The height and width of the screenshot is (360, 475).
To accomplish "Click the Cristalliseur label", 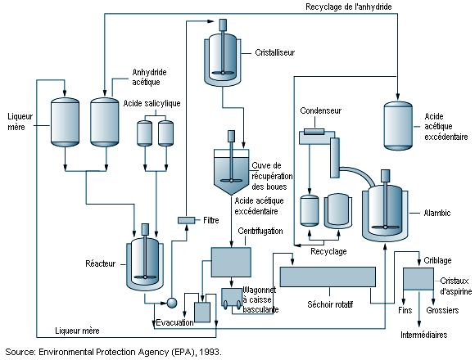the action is [274, 52].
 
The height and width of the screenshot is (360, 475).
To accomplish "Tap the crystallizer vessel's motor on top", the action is [223, 25].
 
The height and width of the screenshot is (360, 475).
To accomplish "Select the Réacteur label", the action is [100, 263].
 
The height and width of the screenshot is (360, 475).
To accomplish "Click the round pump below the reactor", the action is [172, 303].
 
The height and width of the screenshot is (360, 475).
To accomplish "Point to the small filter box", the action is [186, 220].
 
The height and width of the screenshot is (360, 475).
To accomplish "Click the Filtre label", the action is [211, 220].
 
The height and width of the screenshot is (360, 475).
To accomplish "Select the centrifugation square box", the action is [231, 262].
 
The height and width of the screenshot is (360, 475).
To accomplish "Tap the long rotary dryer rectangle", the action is [328, 277].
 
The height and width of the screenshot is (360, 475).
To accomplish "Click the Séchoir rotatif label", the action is [330, 304].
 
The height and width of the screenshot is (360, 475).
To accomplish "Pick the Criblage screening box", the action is [418, 279].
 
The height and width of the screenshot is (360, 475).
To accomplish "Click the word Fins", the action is [405, 310].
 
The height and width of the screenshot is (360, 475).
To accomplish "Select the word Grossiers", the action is [442, 310].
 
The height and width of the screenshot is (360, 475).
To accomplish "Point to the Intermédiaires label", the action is [423, 335].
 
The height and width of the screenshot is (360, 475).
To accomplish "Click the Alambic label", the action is [437, 213].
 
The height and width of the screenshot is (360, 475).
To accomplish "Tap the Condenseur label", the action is [320, 110].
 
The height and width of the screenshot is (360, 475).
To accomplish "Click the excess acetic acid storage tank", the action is [398, 125].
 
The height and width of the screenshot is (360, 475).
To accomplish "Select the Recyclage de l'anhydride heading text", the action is [348, 7].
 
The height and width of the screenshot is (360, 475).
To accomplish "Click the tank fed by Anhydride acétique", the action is [105, 122].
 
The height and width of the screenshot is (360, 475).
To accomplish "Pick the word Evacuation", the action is [174, 322].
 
